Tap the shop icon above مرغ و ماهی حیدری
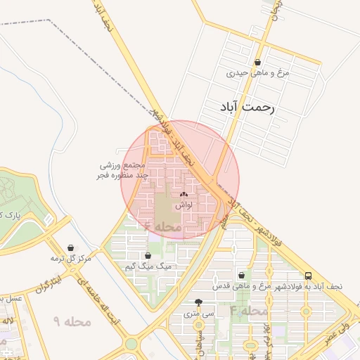(x=259, y=62)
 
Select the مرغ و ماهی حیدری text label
(x=258, y=72)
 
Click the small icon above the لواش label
(x=184, y=194)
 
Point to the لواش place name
(x=184, y=204)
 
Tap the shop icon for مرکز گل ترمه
(x=72, y=248)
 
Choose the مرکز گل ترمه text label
(x=72, y=259)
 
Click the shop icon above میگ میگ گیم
(x=148, y=256)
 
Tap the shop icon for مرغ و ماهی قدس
(x=243, y=276)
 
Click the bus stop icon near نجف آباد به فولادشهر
(x=309, y=276)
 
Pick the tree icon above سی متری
(x=198, y=302)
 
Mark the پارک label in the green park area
(x=7, y=214)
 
